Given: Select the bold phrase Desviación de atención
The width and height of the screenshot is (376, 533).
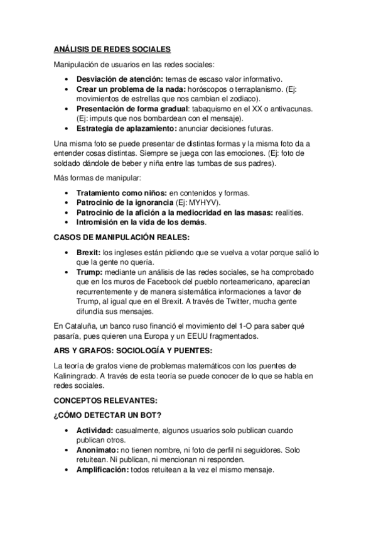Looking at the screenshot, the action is pyautogui.click(x=118, y=79).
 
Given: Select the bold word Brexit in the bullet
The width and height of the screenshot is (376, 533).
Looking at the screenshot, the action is pyautogui.click(x=89, y=252).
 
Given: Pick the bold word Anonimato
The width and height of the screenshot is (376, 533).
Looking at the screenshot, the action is pyautogui.click(x=97, y=450).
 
